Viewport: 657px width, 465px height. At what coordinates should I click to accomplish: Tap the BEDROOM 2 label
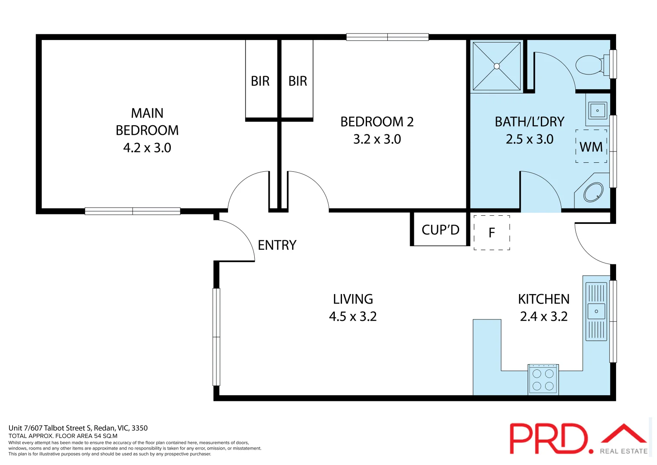click(377, 122)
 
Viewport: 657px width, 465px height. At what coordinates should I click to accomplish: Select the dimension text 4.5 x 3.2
click(353, 316)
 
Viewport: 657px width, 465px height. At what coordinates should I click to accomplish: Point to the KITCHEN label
click(543, 299)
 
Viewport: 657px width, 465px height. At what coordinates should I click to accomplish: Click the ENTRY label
click(277, 245)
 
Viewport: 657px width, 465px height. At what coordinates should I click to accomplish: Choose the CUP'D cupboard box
click(440, 230)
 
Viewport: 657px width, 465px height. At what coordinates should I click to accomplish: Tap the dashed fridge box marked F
click(492, 232)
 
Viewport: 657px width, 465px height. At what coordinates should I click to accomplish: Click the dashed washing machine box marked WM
click(591, 146)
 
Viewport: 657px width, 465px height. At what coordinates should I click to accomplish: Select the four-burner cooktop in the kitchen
click(543, 380)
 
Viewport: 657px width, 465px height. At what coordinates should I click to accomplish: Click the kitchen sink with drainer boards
click(596, 311)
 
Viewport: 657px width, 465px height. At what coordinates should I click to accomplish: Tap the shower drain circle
click(497, 66)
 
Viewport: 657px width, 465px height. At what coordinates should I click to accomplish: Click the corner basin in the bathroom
click(593, 192)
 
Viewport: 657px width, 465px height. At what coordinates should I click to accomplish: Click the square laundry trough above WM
click(597, 111)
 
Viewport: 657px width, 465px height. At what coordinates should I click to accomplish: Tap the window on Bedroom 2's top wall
click(387, 37)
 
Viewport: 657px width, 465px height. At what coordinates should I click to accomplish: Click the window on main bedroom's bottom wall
click(133, 211)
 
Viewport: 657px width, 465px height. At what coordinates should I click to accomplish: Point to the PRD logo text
click(549, 439)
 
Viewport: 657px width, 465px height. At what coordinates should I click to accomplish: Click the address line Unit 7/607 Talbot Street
click(78, 428)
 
